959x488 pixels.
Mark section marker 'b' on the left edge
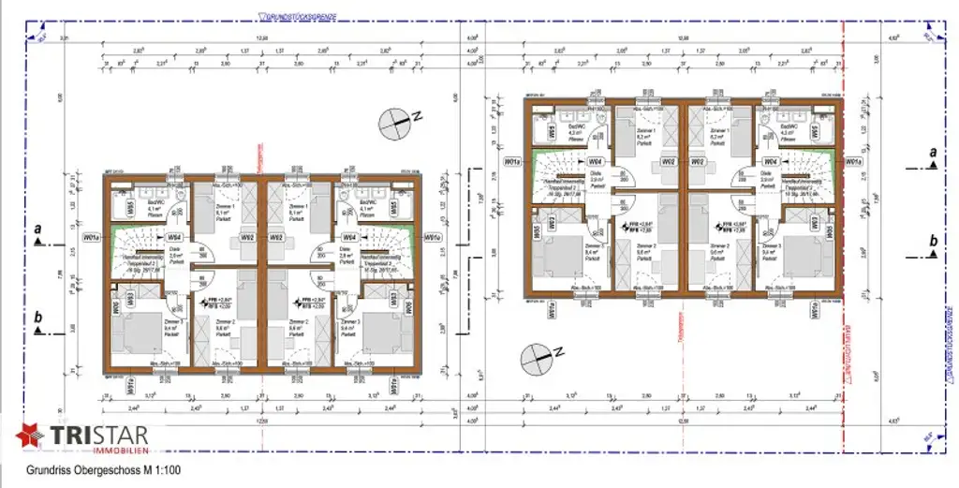point(38,324)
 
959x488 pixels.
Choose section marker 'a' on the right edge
point(932,157)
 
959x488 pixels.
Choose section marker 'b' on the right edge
point(932,246)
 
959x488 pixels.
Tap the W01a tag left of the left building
point(92,238)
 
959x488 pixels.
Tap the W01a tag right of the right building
point(852,162)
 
